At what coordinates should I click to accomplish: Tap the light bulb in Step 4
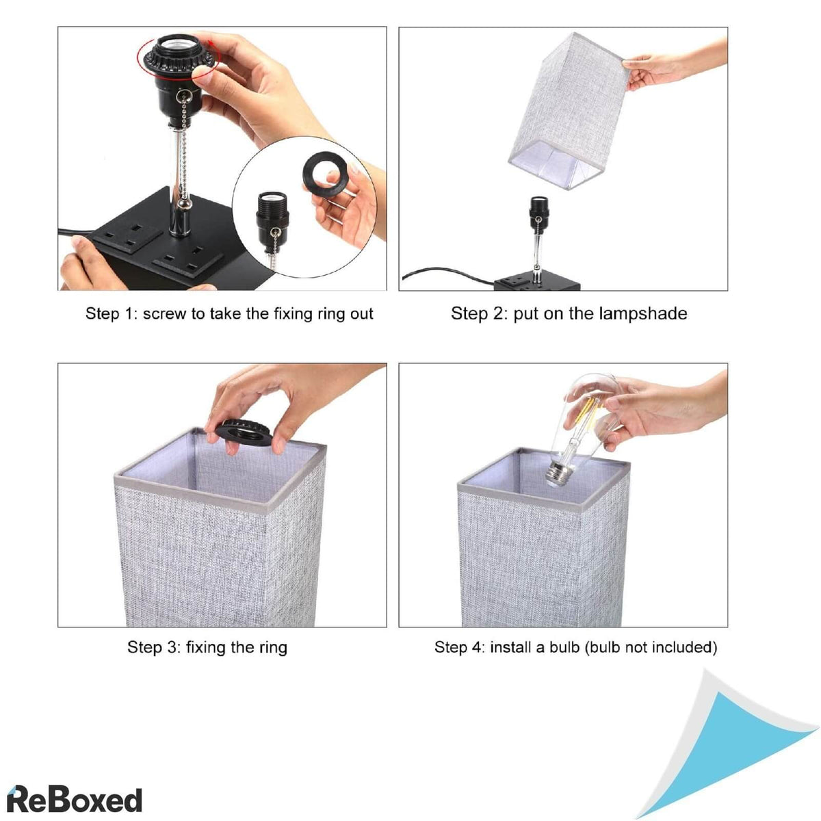pos(582,430)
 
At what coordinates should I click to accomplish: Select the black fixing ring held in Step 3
pos(244,432)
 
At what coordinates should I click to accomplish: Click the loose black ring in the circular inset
pos(326,173)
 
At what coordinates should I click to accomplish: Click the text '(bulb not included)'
pos(651,648)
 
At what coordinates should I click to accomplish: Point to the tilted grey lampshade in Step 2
pos(569,112)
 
